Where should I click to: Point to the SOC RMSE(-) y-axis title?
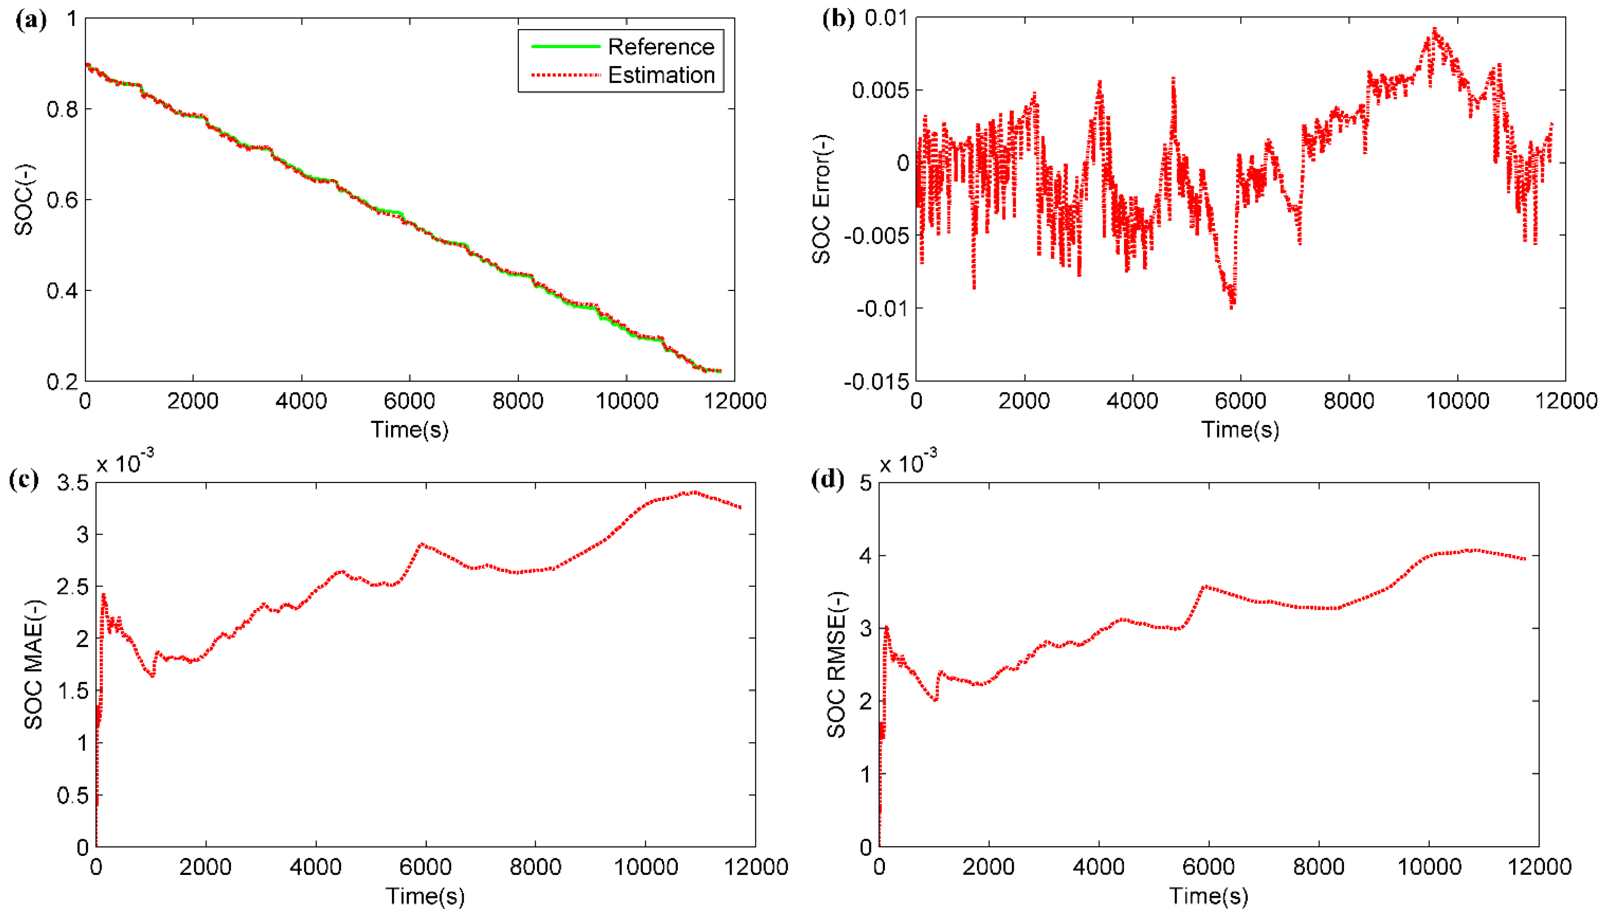coord(836,665)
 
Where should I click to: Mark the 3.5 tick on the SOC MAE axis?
coord(73,483)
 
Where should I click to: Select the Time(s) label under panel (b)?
coord(1240,430)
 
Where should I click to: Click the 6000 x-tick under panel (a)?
coord(409,401)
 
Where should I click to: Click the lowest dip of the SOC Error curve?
coord(1232,307)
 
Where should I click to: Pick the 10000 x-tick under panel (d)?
coord(1429,867)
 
